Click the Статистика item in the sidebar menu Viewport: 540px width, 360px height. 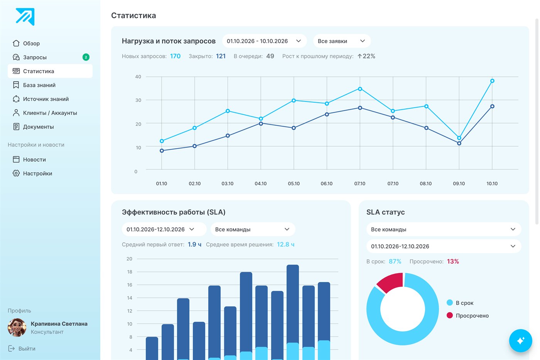tap(50, 71)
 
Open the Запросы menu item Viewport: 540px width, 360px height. tap(35, 57)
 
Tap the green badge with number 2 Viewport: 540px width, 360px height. tap(86, 57)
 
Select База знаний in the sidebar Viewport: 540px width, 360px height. tap(39, 85)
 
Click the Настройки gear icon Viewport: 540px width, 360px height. tap(16, 173)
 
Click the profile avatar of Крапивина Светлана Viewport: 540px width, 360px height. tap(17, 328)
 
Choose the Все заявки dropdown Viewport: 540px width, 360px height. tap(342, 41)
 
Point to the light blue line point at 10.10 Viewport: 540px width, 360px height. tap(492, 81)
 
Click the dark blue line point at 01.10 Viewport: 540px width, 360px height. tap(162, 151)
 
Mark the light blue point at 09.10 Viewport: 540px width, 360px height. tap(459, 138)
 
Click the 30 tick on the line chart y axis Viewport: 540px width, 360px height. tap(138, 100)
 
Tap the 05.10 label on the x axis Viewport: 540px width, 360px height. tap(294, 184)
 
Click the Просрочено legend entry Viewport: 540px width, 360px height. tap(467, 316)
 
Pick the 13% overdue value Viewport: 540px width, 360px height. tap(453, 261)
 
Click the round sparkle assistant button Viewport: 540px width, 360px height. tap(520, 341)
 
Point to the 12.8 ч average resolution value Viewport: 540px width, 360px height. tap(285, 245)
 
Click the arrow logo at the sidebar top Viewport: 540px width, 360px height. tap(25, 17)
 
